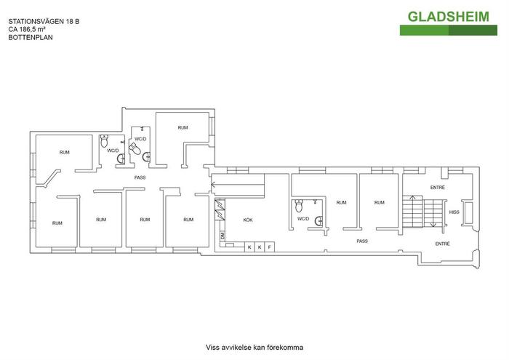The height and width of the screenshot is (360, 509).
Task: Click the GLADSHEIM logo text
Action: tap(448, 17)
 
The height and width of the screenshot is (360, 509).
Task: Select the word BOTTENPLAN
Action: tap(31, 37)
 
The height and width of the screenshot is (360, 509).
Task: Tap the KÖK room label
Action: tap(248, 220)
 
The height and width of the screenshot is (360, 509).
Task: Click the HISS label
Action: tap(454, 212)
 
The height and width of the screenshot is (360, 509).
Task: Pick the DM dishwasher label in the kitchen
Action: tap(223, 236)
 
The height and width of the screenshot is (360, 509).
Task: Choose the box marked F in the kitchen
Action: tap(270, 247)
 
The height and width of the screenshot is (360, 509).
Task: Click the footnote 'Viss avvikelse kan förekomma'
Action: tap(254, 348)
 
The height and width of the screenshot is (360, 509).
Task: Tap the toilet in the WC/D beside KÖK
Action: tap(299, 206)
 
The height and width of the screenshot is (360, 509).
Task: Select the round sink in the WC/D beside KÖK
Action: tap(319, 221)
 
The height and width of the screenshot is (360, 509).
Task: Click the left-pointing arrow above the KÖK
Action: tap(238, 185)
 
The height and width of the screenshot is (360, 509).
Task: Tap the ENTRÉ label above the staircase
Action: tap(438, 188)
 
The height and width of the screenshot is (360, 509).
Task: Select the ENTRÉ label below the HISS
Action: tap(442, 244)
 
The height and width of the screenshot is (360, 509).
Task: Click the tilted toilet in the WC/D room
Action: tap(135, 148)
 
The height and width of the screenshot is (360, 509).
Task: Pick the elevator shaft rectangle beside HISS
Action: tap(468, 213)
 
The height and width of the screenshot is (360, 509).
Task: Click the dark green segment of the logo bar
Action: tap(473, 31)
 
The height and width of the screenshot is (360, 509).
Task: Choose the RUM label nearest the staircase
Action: tap(380, 203)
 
